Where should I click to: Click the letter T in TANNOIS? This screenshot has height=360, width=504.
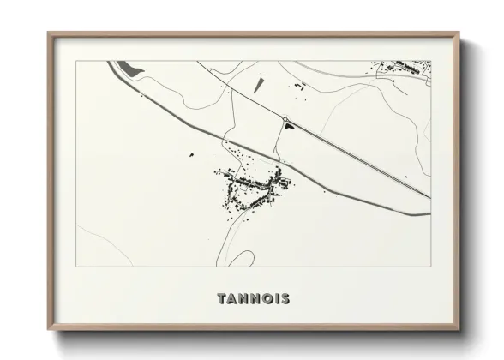[222, 299]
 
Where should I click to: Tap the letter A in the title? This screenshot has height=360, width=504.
[233, 299]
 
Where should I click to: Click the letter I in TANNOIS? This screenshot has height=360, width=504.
[278, 299]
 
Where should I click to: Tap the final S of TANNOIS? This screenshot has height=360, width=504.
[285, 299]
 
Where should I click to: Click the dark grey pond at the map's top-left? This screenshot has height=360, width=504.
[128, 68]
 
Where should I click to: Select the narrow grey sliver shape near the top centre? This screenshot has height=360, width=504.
[258, 85]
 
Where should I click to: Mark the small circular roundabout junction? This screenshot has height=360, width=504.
[285, 118]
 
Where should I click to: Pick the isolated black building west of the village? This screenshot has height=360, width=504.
[191, 155]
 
